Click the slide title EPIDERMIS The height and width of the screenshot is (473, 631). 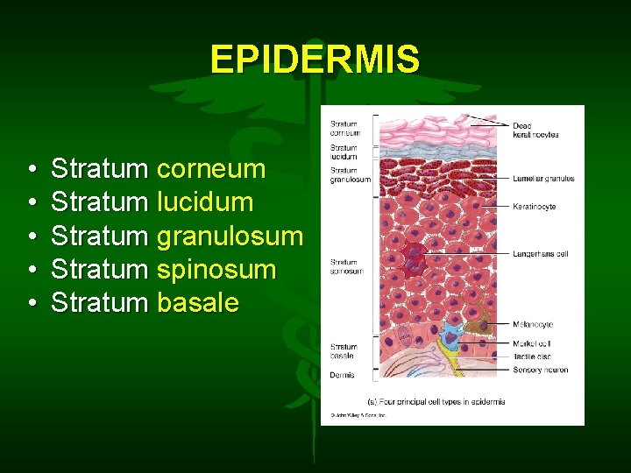(x=315, y=60)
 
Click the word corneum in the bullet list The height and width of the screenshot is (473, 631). (x=211, y=168)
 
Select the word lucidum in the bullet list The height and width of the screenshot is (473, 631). (x=205, y=202)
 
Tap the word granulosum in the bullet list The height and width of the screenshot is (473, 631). (x=230, y=236)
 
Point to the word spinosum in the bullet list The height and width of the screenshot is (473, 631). (x=216, y=270)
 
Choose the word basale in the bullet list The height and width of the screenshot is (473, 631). (x=198, y=303)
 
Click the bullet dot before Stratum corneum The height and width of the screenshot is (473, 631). (x=32, y=169)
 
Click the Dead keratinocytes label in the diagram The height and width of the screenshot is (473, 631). (x=535, y=131)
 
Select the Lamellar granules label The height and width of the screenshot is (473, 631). (x=543, y=179)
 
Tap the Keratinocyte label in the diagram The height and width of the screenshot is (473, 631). (x=534, y=207)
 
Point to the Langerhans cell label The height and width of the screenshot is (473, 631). (x=540, y=254)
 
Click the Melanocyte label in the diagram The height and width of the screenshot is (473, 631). (x=533, y=325)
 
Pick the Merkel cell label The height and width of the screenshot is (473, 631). (x=532, y=344)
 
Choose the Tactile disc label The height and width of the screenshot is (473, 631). (x=532, y=357)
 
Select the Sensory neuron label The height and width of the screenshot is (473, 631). (x=540, y=370)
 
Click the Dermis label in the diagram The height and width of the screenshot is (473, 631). (x=343, y=375)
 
